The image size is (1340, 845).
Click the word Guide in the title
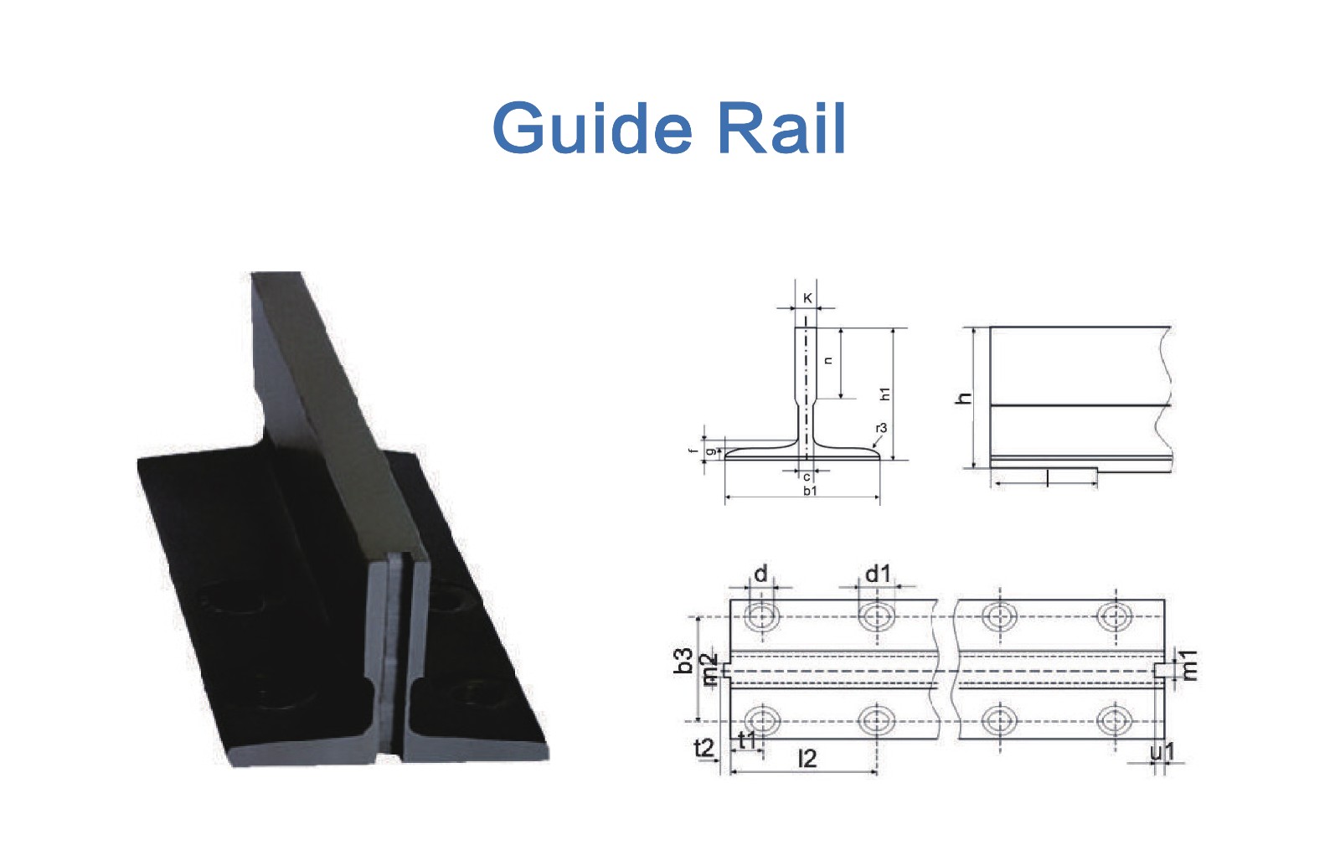click(x=592, y=128)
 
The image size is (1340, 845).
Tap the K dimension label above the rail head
click(x=807, y=298)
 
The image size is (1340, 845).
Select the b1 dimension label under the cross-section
click(x=810, y=491)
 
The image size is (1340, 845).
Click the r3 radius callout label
click(x=881, y=428)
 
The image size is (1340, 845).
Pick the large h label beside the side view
click(x=964, y=398)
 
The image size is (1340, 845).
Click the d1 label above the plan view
click(x=879, y=574)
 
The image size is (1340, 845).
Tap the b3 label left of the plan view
click(x=683, y=661)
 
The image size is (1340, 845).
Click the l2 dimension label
click(x=807, y=759)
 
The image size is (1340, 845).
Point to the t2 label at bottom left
click(x=704, y=748)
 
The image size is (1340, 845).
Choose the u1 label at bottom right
click(x=1163, y=752)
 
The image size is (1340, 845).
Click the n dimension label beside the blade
click(x=828, y=361)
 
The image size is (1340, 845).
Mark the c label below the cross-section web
click(x=807, y=477)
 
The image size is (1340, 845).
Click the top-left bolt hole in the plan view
click(x=761, y=616)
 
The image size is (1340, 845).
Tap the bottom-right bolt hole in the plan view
click(x=1115, y=720)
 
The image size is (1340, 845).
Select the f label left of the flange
click(x=693, y=451)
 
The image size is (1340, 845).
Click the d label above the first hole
click(x=760, y=574)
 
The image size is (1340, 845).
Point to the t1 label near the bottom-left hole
click(x=747, y=740)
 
